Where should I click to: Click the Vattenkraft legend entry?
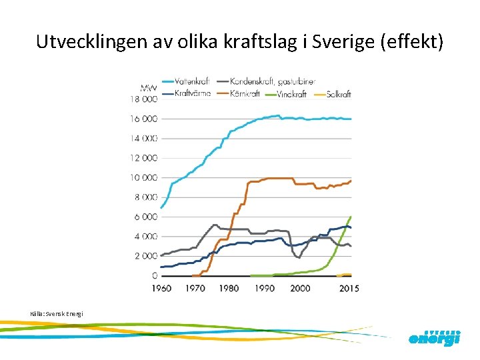[x=194, y=81]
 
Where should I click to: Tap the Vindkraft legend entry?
[x=290, y=94]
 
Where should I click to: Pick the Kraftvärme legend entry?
[x=192, y=94]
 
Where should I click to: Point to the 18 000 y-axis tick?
[x=143, y=99]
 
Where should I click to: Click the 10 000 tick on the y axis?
[x=143, y=178]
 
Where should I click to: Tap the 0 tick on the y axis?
[x=154, y=275]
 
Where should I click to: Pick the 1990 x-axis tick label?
[x=264, y=288]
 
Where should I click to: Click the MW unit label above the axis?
[x=148, y=87]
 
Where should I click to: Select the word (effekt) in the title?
[x=411, y=42]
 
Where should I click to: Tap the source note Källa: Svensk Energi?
[x=57, y=313]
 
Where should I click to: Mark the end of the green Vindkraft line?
[x=351, y=216]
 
